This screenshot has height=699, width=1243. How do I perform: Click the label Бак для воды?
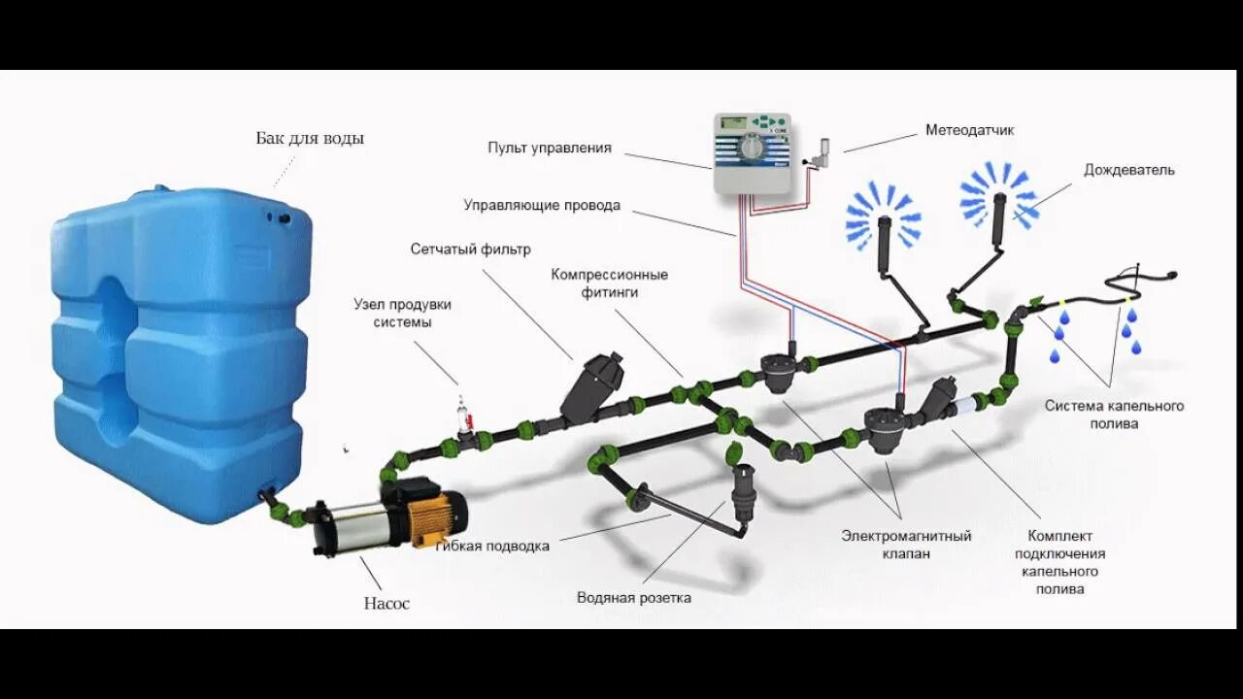point(310,138)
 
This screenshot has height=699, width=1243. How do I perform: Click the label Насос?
point(386,603)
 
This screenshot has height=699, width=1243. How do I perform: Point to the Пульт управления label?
point(550,148)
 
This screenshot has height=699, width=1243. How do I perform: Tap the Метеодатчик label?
point(969,129)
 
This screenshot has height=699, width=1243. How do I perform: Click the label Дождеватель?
point(1129,170)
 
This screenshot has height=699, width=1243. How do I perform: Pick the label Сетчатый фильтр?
point(470,250)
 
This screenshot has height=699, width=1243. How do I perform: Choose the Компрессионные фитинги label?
point(610,283)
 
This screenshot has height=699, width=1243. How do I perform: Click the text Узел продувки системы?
point(402,313)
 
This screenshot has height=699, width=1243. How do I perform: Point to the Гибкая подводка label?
point(494,546)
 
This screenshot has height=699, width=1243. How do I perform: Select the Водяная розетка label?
point(633,597)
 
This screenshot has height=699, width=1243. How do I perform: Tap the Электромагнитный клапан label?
point(906,544)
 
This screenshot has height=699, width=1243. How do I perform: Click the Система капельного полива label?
point(1114,415)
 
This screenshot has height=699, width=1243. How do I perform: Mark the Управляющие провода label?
point(541,206)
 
